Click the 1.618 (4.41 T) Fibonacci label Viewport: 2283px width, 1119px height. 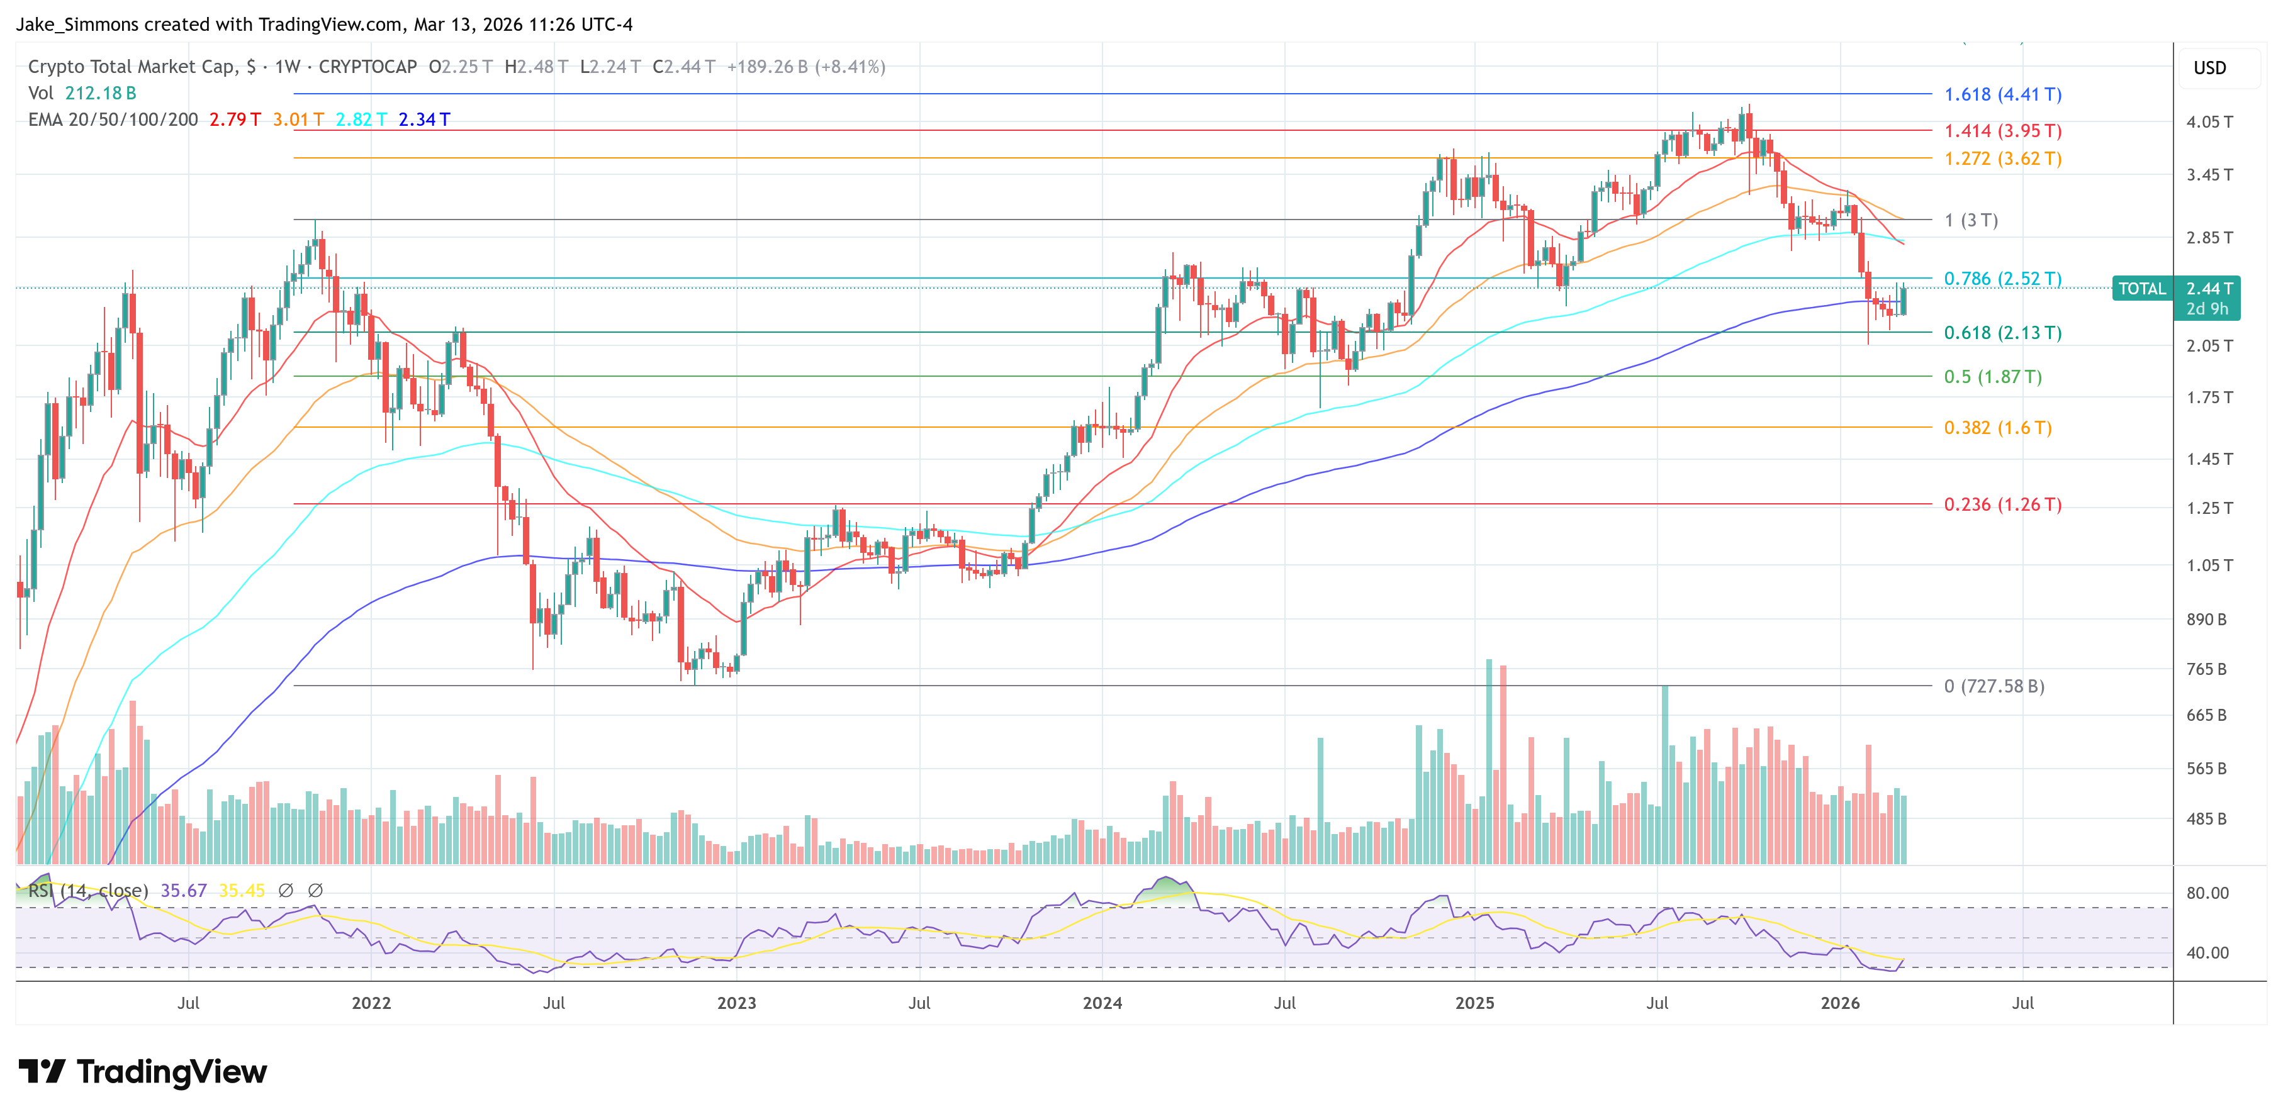coord(2002,94)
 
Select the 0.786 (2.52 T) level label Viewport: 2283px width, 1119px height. coord(2002,278)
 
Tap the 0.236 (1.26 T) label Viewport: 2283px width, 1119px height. coord(2002,504)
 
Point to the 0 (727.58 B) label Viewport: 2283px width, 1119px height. coord(1994,686)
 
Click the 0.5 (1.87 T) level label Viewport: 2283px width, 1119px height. coord(1992,377)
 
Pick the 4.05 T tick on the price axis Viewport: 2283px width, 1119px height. coord(2209,121)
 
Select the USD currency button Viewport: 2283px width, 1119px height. coord(2209,68)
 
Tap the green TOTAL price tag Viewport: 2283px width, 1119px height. coord(2141,289)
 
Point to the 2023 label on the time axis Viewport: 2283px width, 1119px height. coord(736,1002)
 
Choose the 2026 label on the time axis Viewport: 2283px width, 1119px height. coord(1840,1002)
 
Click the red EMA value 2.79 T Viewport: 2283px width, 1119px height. coord(235,119)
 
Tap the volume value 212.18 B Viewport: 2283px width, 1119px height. coord(100,93)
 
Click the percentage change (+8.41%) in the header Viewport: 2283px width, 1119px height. coord(850,67)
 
